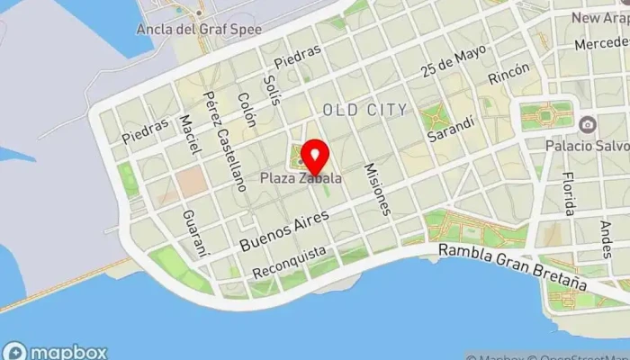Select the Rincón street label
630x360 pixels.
(502, 76)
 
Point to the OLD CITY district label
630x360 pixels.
(365, 109)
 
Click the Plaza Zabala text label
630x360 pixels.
(301, 177)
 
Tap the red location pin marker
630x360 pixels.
(313, 156)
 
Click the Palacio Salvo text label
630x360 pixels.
(586, 144)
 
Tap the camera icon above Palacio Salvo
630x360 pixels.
(587, 124)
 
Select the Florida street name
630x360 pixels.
(567, 194)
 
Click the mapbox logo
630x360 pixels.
(56, 350)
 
